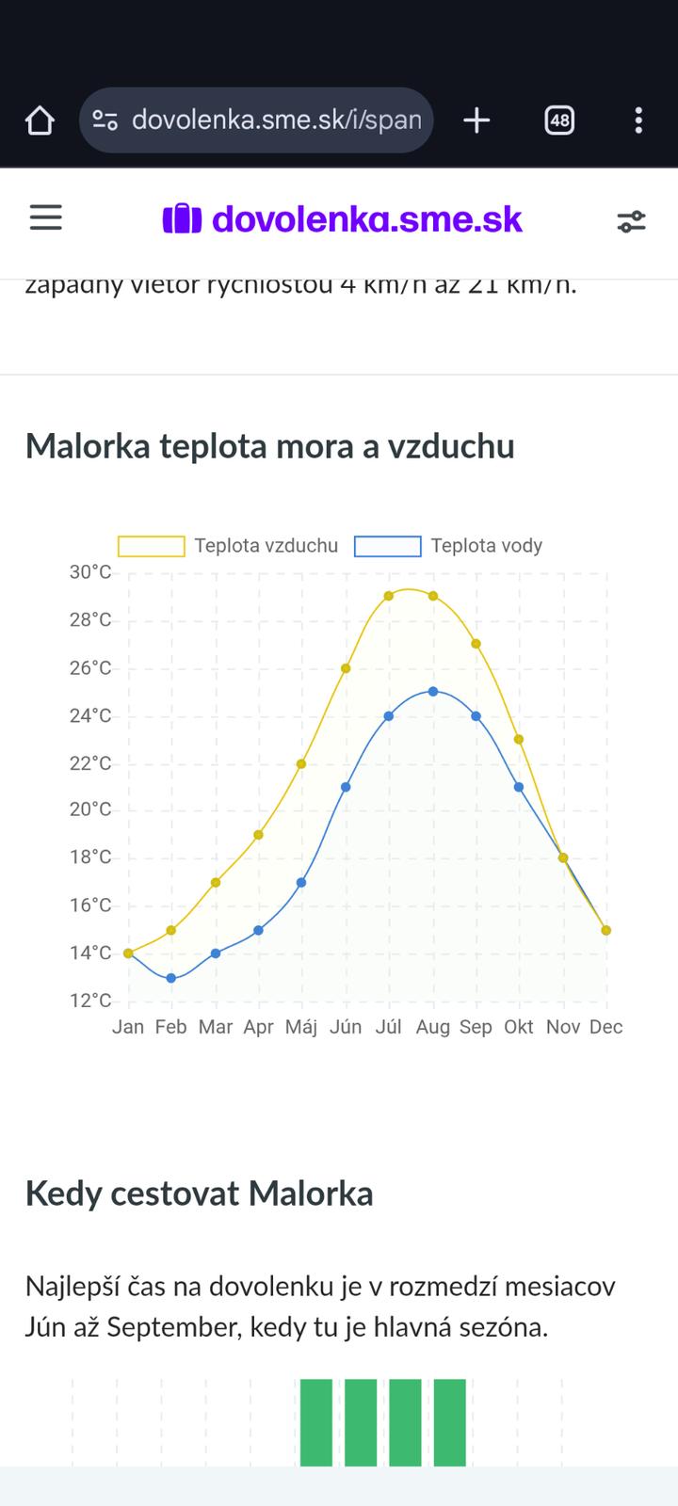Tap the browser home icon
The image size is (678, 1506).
pos(40,120)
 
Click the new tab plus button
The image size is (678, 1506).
pos(476,120)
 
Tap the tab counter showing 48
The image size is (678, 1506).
pos(559,120)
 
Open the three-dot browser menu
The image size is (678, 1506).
pos(638,120)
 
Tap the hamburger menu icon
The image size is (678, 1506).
pos(45,218)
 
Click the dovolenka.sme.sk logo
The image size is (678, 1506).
pos(343,219)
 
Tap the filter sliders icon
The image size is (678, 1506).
pos(631,221)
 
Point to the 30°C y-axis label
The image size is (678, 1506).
pos(90,572)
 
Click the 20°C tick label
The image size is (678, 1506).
pos(90,809)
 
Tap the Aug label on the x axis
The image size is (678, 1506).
pos(432,1027)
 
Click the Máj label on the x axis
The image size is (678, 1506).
pos(301,1027)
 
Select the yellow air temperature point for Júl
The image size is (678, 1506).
pos(389,596)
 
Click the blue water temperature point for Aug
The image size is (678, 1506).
pos(433,691)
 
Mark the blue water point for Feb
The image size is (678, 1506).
pos(171,978)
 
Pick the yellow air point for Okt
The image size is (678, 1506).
pos(519,739)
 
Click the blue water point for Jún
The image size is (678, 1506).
pos(346,787)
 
